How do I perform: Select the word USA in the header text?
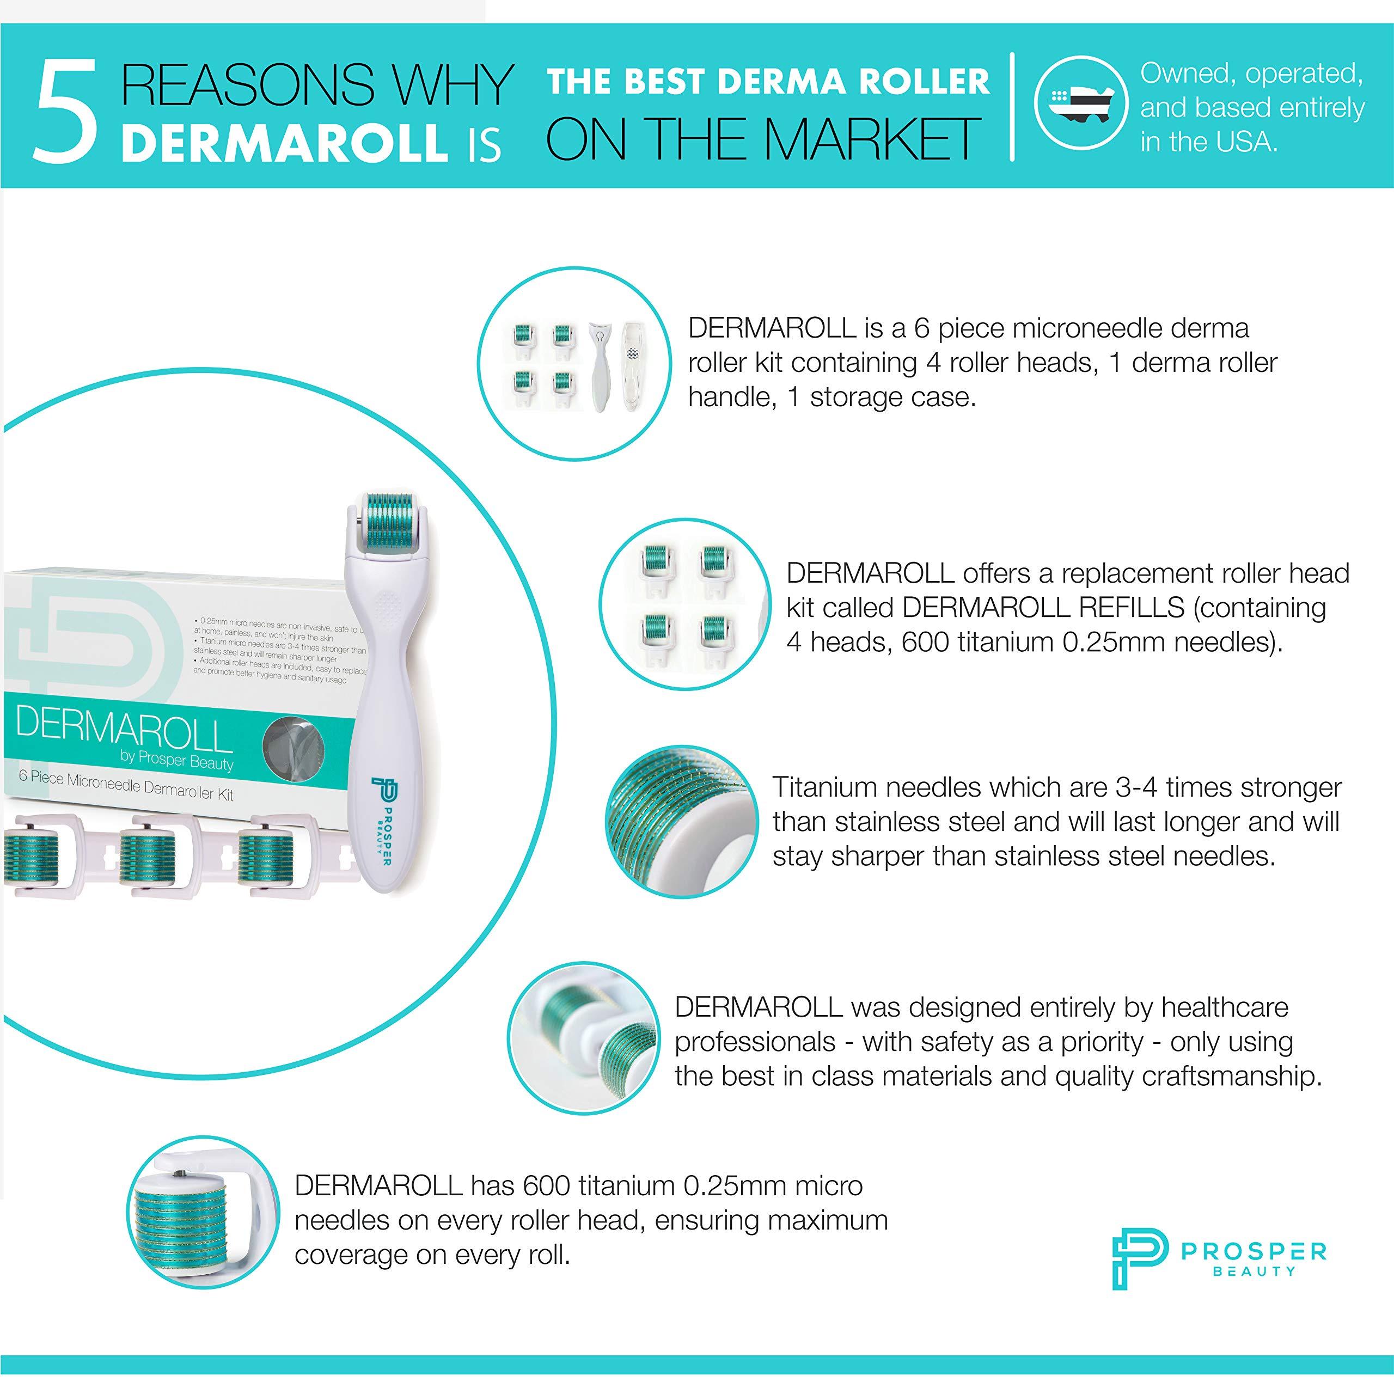tap(1245, 142)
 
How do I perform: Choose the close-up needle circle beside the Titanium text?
tap(681, 821)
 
